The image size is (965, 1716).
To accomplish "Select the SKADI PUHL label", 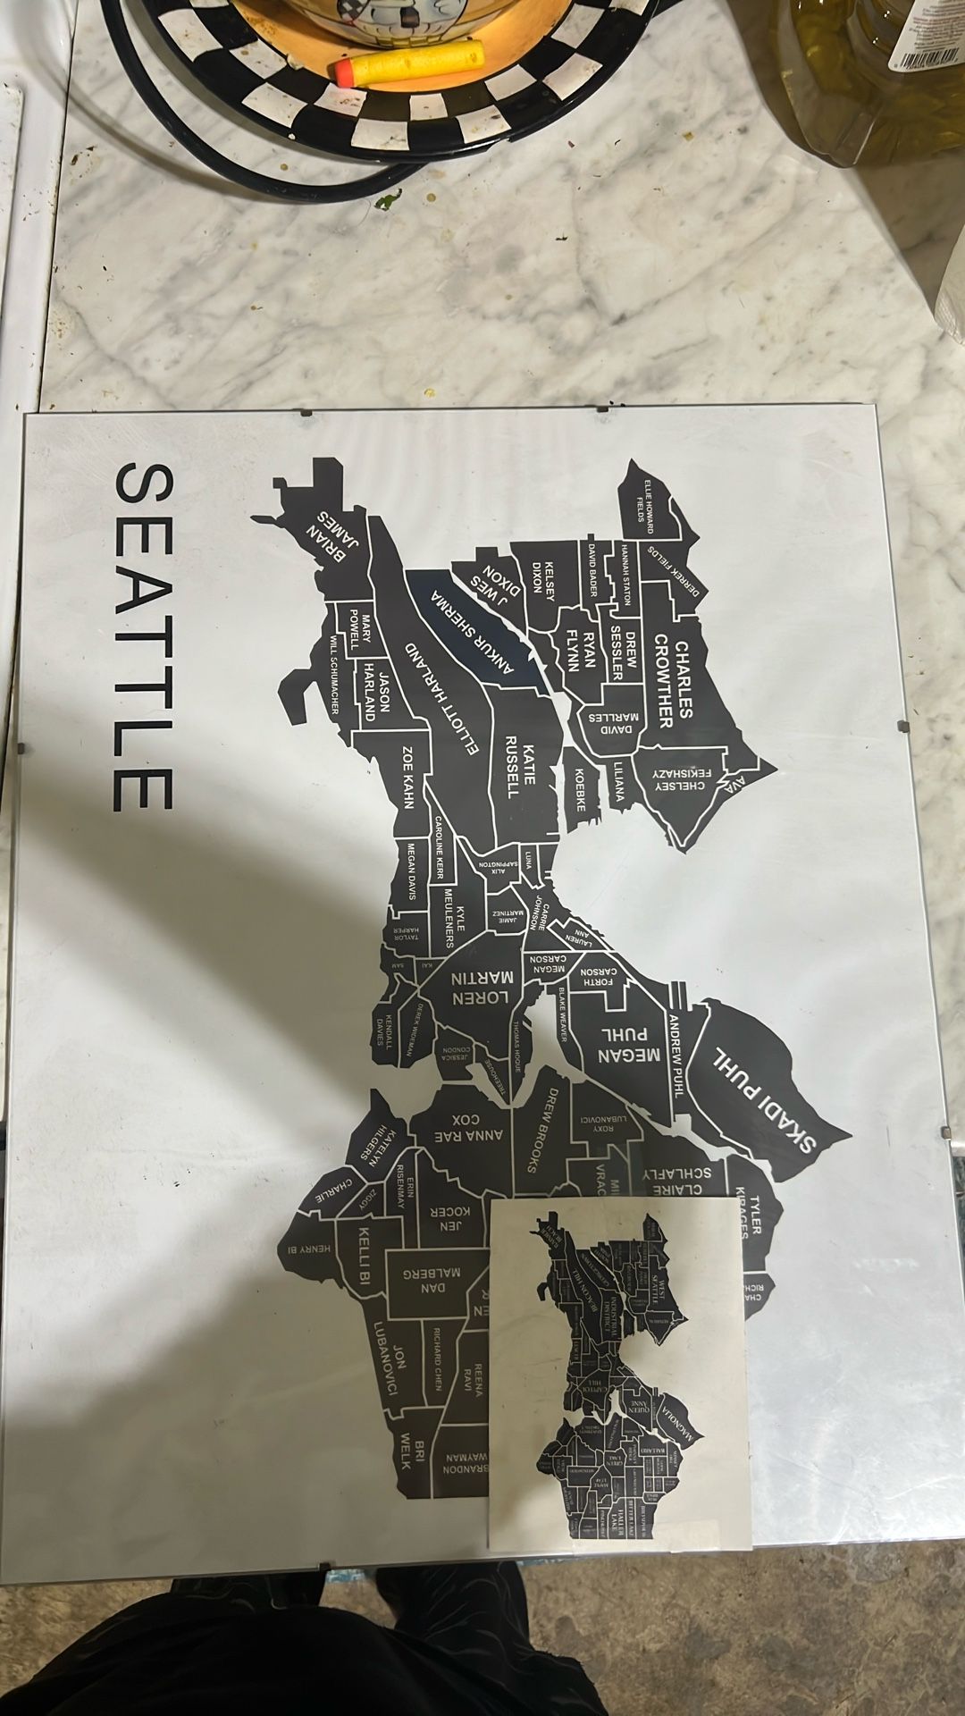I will pyautogui.click(x=765, y=1099).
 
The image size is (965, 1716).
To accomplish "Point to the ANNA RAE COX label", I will pyautogui.click(x=477, y=1127).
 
